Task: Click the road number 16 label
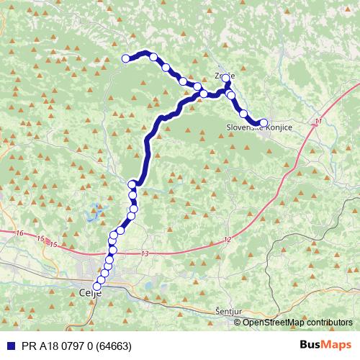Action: coord(19,233)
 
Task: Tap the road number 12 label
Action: coord(228,240)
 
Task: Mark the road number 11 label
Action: coord(319,124)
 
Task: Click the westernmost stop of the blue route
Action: coord(125,58)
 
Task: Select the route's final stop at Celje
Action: coord(97,286)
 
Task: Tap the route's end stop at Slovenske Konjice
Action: coord(264,122)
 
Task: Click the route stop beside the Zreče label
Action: coord(225,78)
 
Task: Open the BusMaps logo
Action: coord(325,345)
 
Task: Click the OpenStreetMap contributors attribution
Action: coord(294,322)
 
